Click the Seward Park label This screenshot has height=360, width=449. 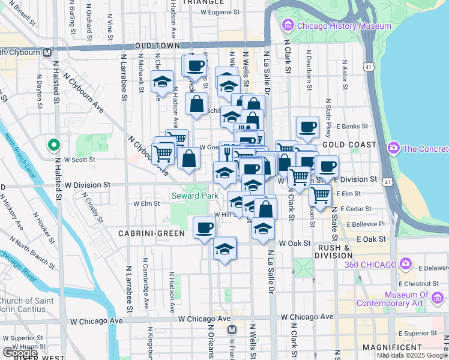tap(194, 196)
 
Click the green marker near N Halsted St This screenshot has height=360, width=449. tap(53, 145)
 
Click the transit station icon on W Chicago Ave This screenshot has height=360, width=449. tap(232, 329)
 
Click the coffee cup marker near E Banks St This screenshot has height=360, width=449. tap(307, 127)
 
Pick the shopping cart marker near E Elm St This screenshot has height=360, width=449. tap(321, 194)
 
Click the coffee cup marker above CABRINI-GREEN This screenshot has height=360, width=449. tap(205, 228)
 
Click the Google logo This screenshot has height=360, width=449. tap(20, 353)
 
